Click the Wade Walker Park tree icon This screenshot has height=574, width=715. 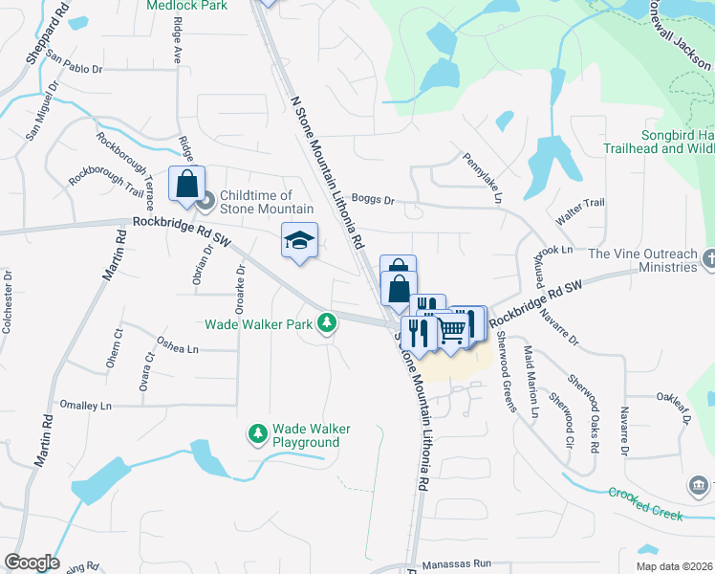(x=327, y=323)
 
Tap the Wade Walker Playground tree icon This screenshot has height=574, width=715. (x=257, y=435)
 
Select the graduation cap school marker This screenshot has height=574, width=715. (x=299, y=240)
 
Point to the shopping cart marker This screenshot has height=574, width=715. (x=453, y=330)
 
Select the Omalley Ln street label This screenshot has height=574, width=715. (x=85, y=406)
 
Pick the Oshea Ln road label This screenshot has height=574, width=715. (x=178, y=349)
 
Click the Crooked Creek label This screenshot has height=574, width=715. (x=646, y=503)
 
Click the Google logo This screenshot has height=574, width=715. (x=32, y=563)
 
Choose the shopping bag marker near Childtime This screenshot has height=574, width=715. (x=186, y=184)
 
